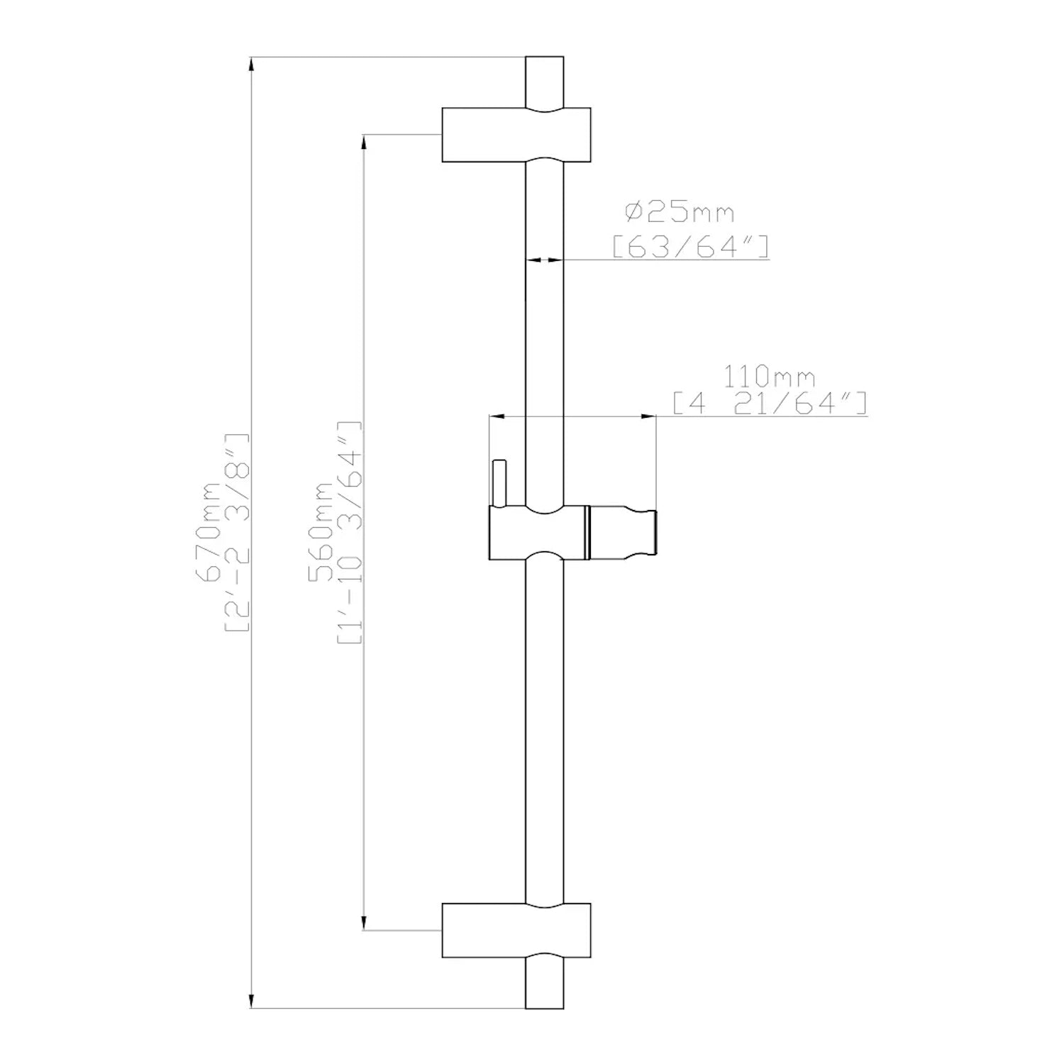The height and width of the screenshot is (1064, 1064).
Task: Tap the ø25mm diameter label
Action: point(679,212)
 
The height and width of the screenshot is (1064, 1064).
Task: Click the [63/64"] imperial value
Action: point(690,247)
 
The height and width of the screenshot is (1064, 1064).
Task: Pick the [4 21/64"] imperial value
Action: point(770,404)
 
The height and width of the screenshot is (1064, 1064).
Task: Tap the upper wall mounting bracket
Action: point(516,135)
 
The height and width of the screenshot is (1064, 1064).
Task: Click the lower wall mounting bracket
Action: point(516,931)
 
